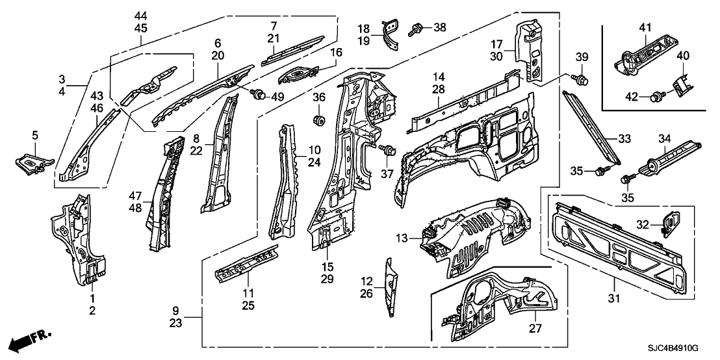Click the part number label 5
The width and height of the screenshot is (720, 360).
coord(35,135)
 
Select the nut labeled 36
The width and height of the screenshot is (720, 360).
coord(318,120)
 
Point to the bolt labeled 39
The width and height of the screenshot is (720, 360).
coord(582,81)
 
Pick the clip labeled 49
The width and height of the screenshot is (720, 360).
coord(260,97)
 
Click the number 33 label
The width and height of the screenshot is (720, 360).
coord(624,138)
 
